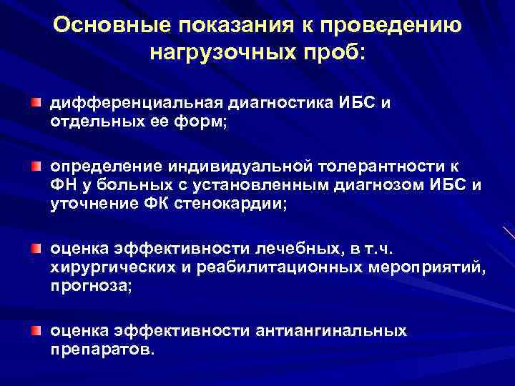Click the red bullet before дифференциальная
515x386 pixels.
[x=35, y=103]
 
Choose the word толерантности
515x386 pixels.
[x=380, y=167]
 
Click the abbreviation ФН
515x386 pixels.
[x=61, y=186]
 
